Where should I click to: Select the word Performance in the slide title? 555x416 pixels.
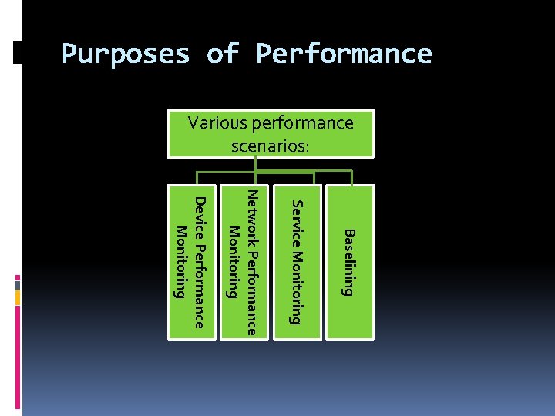(x=344, y=55)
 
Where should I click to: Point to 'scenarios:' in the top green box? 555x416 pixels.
(x=271, y=145)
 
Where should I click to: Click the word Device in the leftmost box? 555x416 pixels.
(x=200, y=216)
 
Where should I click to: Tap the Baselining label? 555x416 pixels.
(x=348, y=262)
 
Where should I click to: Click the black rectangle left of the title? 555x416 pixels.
(x=18, y=52)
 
